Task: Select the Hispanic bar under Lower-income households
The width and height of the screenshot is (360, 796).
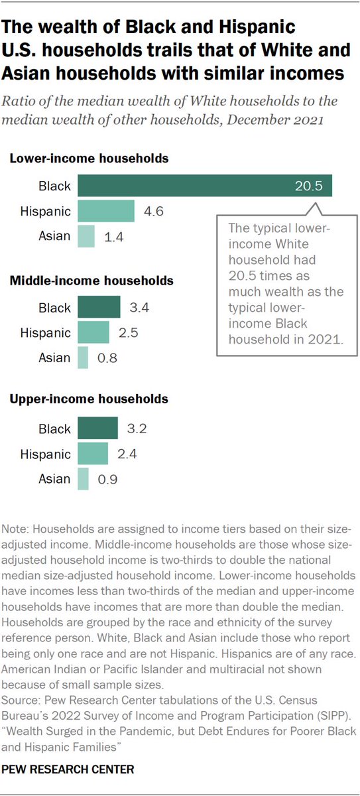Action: coord(106,211)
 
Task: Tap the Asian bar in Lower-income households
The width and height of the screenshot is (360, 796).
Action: coord(86,236)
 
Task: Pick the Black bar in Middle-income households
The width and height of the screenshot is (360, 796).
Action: coord(99,307)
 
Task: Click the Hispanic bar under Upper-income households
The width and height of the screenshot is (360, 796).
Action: coord(93,454)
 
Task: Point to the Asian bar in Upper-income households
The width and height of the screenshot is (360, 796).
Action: coord(83,479)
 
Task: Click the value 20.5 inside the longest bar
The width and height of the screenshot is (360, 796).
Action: coord(308,186)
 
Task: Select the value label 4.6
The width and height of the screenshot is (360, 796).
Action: coord(152,211)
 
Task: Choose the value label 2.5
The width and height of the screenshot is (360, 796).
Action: coord(127,332)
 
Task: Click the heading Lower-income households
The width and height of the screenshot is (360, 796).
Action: coord(88,159)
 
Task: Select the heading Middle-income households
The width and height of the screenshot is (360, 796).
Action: coord(91,281)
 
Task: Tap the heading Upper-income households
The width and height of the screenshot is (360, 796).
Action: coord(88,399)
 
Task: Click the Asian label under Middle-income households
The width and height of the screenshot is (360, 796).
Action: coord(55,358)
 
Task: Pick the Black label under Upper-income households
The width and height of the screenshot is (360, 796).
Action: coord(54,429)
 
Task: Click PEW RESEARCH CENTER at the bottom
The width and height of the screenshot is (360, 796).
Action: coord(68,769)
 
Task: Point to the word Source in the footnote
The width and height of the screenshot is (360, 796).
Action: coord(22,700)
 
